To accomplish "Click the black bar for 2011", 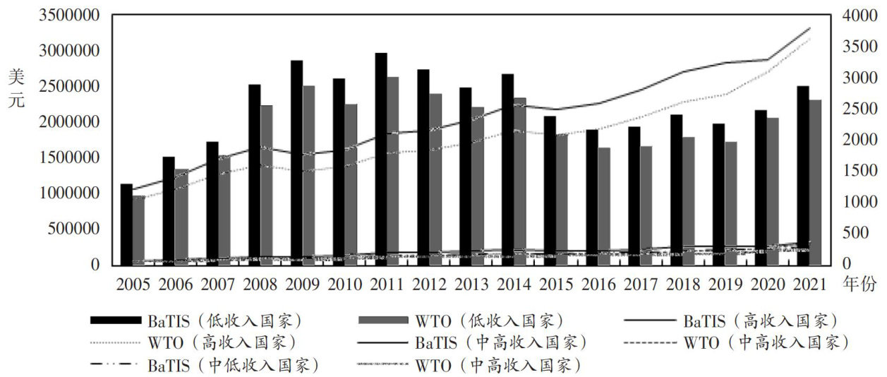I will click(381, 159).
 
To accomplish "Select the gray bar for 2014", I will click(519, 181).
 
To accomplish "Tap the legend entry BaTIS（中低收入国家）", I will click(234, 366).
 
